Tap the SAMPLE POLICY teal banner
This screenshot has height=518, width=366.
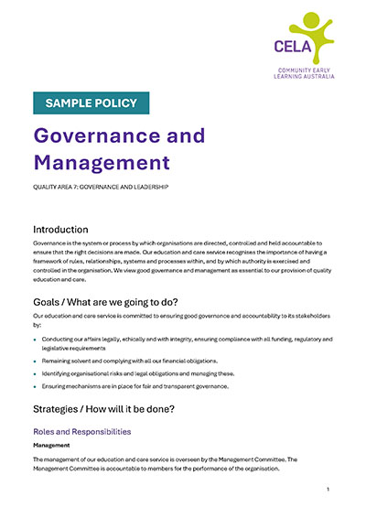(x=91, y=103)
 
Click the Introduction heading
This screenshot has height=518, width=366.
(x=72, y=229)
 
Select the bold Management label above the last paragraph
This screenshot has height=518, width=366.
(x=52, y=447)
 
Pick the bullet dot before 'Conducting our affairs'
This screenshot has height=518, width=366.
(x=36, y=339)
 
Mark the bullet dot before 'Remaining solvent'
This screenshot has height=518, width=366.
(x=36, y=361)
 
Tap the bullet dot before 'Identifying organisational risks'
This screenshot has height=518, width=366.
(x=36, y=373)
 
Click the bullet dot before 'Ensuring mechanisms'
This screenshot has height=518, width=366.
(x=36, y=387)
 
